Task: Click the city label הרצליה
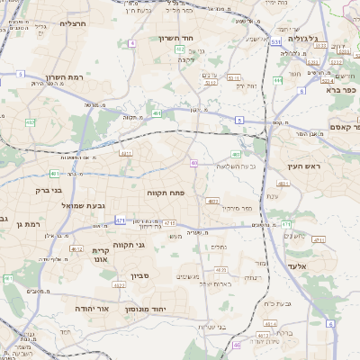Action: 72,23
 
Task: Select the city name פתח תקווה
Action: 165,193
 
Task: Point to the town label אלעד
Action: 296,266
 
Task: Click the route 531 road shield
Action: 274,41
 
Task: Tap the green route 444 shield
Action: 278,80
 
